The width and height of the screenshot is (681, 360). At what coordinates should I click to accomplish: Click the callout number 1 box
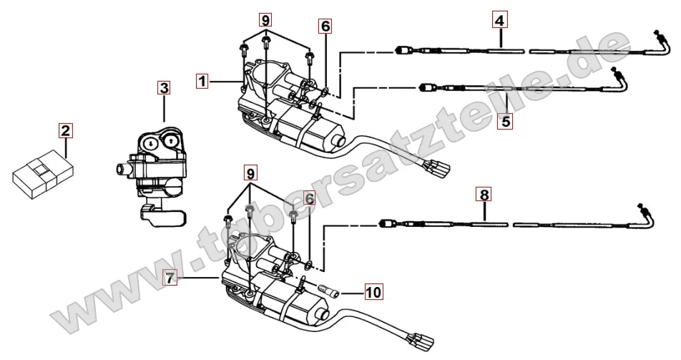click(203, 82)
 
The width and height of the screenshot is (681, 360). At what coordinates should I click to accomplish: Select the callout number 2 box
click(65, 130)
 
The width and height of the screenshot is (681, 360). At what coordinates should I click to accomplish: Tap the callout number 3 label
click(165, 88)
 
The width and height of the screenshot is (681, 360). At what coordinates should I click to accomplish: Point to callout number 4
click(499, 21)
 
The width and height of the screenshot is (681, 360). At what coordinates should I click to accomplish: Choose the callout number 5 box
click(506, 121)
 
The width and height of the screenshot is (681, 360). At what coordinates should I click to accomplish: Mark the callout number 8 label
click(484, 194)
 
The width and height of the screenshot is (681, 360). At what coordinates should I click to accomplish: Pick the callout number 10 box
click(373, 292)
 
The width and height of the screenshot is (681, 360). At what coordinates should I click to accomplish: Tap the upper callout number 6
click(325, 26)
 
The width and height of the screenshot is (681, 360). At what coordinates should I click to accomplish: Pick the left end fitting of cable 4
click(402, 50)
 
